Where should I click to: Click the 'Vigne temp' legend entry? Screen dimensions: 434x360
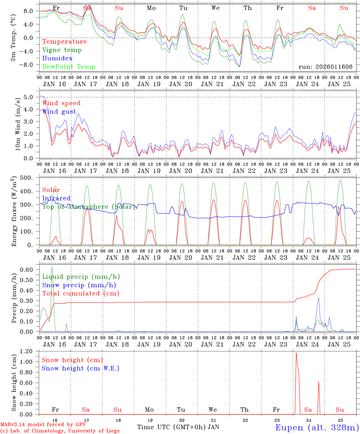point(62,50)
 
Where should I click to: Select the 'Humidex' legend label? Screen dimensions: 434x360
point(57,58)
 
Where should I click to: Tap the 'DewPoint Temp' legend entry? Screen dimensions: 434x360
point(69,67)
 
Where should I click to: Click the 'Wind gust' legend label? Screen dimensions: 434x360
point(59,112)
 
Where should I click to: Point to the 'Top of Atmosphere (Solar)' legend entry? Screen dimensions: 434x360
point(89,207)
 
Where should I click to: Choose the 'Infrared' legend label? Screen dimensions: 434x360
point(56,198)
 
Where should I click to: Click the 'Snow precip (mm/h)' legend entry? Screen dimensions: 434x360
point(79,285)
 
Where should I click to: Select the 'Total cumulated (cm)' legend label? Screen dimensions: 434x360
point(81,294)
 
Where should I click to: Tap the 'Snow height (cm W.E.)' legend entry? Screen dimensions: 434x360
point(81,368)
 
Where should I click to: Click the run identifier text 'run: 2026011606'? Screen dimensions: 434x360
point(325,67)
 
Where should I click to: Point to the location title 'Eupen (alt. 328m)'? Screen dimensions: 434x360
point(317,427)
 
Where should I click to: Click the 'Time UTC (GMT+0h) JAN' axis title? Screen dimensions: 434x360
point(178,427)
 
